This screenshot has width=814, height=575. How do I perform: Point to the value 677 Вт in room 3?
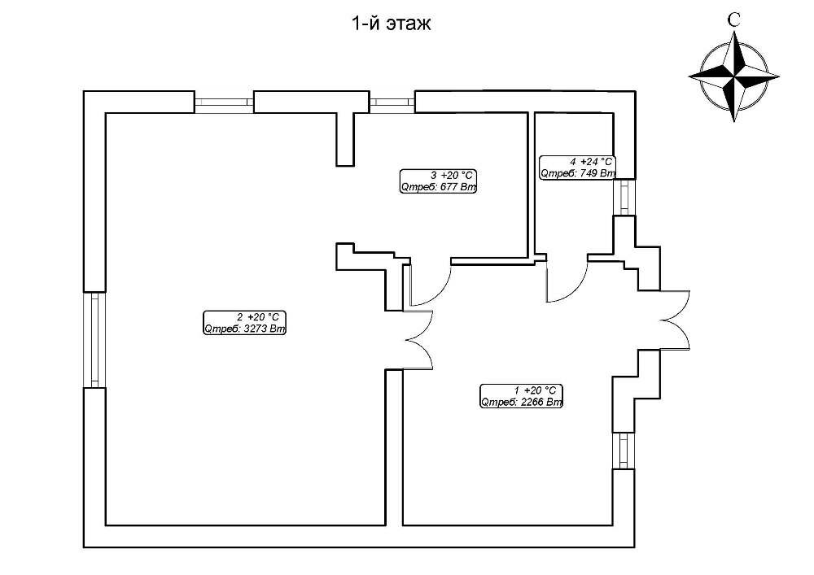[457, 188]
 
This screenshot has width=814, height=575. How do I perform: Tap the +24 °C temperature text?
[595, 162]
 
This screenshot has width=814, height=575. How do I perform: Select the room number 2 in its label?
[239, 317]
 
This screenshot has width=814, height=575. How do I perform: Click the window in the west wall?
[94, 339]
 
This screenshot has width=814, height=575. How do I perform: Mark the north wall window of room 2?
[224, 102]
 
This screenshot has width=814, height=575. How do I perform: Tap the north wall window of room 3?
[392, 102]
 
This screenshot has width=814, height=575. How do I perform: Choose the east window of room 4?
[624, 197]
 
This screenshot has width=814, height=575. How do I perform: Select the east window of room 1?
[624, 451]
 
